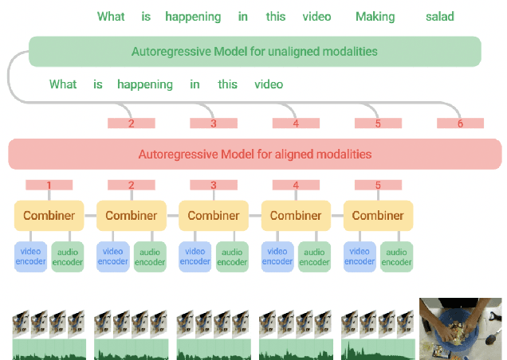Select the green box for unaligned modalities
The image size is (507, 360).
click(254, 52)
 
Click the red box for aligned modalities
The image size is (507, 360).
click(254, 154)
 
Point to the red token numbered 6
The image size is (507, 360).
click(460, 123)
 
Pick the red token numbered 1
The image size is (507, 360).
click(49, 186)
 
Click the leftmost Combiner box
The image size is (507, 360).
click(49, 215)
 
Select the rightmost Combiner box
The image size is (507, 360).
click(378, 215)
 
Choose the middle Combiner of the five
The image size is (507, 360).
click(214, 215)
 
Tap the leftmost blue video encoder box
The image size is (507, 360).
click(30, 256)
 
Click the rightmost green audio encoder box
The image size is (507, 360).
click(396, 256)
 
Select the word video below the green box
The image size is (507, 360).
click(269, 84)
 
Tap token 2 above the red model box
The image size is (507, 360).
click(132, 123)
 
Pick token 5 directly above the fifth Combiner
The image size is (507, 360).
click(378, 186)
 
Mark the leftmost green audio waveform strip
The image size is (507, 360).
click(49, 349)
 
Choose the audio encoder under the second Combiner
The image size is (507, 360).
click(149, 256)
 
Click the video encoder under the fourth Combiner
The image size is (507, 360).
click(277, 256)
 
